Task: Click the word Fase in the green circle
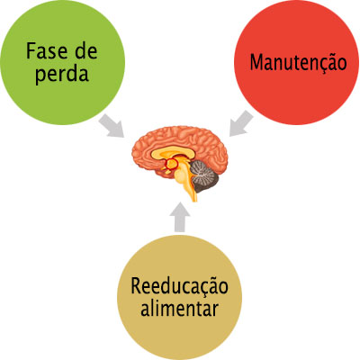pos(46,51)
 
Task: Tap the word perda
pos(62,74)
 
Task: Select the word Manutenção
pos(298,62)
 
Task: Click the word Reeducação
pos(179,286)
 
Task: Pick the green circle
pos(62,62)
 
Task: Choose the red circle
pos(296,62)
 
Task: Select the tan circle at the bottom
pos(179,297)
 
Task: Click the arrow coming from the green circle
pos(111,126)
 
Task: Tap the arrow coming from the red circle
pos(241,123)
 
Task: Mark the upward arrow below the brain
pos(179,217)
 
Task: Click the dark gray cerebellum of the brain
pos(205,176)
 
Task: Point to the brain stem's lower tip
pos(194,201)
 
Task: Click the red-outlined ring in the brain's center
pos(171,164)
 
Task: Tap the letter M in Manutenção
pos(256,62)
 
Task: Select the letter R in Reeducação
pos(136,286)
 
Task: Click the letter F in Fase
pos(31,51)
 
